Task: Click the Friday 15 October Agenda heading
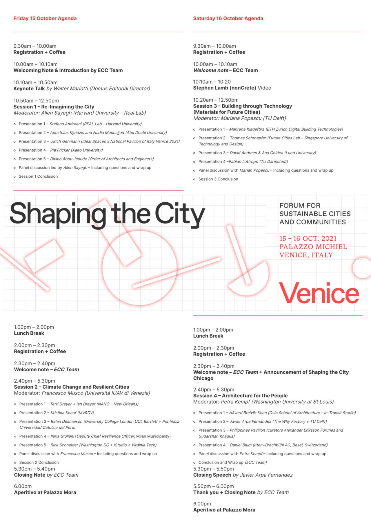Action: point(45,18)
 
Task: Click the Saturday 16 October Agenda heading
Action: point(228,18)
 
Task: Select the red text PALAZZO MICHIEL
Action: point(313,247)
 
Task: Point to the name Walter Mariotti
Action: point(71,89)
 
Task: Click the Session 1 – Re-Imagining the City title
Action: point(54,107)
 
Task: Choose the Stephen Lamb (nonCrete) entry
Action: point(225,88)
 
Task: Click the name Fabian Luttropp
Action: point(244,162)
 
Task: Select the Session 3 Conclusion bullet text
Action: point(218,179)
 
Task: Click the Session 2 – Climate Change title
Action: point(72,387)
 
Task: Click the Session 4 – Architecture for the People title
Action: point(240,396)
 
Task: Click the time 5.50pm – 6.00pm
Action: point(214,486)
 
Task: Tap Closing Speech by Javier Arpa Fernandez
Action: point(243,475)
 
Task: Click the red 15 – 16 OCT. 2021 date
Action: point(308,239)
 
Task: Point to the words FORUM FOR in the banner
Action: point(300,206)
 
